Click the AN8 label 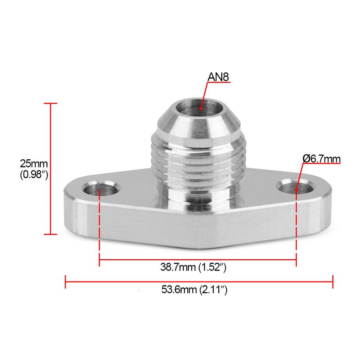coord(219,77)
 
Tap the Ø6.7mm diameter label coord(321,159)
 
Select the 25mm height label coord(31,163)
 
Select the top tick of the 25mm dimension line coord(50,104)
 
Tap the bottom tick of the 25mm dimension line coord(50,234)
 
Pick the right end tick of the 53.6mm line coord(333,281)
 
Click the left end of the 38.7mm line coord(100,259)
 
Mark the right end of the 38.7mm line coord(296,259)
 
